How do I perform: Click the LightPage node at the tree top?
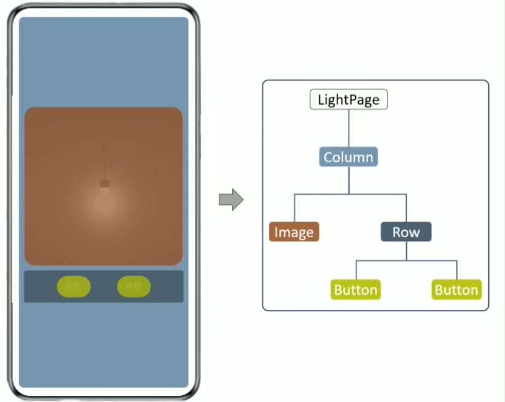tap(348, 99)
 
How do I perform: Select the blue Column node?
tap(348, 157)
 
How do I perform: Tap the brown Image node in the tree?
tap(294, 232)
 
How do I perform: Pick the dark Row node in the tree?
tap(406, 232)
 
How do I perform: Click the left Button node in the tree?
tap(356, 290)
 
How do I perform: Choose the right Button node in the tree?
tap(456, 290)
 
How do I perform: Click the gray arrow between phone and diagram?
tap(231, 200)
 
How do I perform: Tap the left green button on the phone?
tap(74, 287)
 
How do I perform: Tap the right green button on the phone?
tap(134, 287)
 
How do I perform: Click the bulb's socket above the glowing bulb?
tap(104, 183)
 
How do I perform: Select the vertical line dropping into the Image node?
tap(294, 208)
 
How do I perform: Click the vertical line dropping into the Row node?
tap(406, 208)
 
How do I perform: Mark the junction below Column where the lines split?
tap(348, 194)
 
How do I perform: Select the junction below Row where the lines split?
tap(406, 261)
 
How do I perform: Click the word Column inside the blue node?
tap(348, 157)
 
